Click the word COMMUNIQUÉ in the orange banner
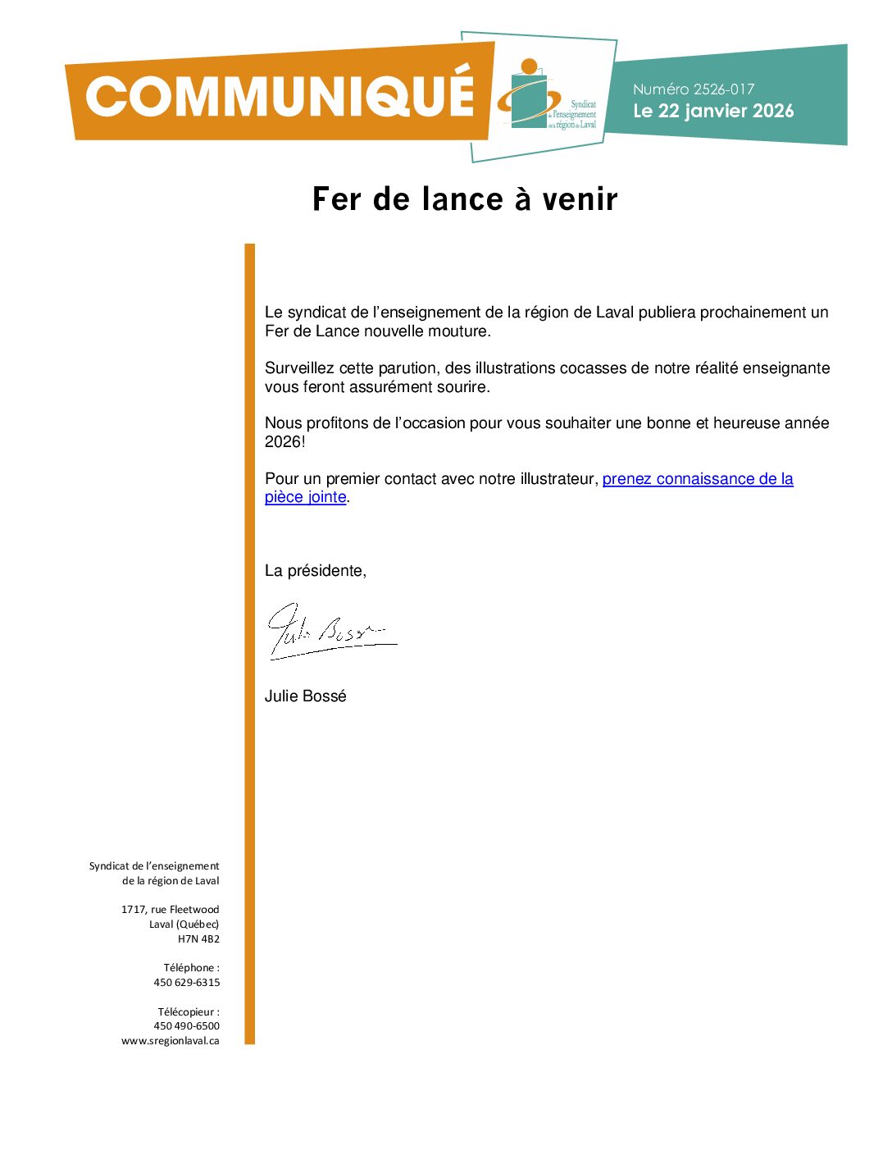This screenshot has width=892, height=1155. (280, 97)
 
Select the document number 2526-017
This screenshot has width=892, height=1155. (722, 89)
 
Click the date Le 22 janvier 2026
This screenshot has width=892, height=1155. (713, 111)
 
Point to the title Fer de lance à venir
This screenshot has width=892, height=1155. (465, 199)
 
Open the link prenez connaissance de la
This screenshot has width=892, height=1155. (698, 479)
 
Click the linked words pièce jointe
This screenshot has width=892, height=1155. (305, 497)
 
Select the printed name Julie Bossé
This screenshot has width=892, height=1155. (305, 696)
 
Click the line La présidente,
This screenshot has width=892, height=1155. (315, 571)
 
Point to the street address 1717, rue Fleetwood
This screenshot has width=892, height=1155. (171, 910)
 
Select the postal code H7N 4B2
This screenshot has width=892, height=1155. (198, 939)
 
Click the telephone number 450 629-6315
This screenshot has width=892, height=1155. (187, 983)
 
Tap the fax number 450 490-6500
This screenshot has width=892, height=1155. (187, 1026)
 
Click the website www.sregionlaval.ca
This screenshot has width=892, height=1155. (171, 1041)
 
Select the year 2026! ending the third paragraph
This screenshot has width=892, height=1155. (284, 442)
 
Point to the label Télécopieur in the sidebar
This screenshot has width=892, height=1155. (187, 1012)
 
